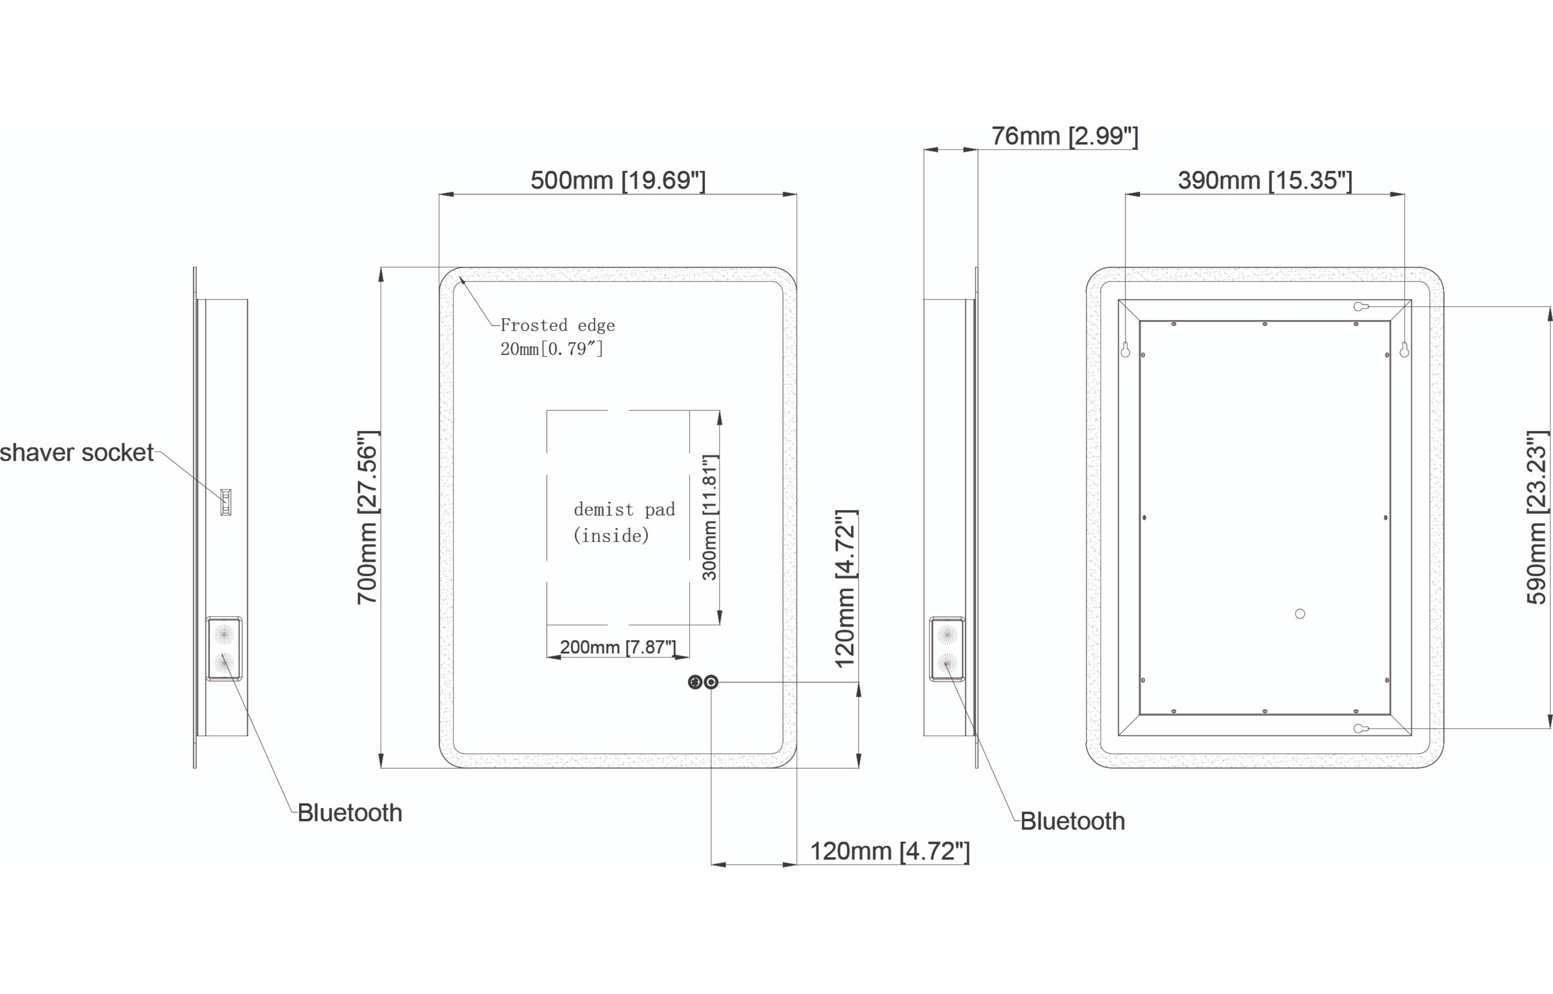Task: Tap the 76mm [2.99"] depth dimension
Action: (x=1064, y=136)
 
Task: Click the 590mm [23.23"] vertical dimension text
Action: (x=1537, y=518)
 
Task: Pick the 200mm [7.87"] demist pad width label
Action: (x=618, y=647)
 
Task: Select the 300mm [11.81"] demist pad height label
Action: (x=709, y=518)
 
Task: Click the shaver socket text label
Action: (x=76, y=453)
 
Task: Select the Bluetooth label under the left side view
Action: (x=349, y=812)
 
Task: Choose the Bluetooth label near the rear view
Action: (x=1072, y=821)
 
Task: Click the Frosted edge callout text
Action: (x=557, y=337)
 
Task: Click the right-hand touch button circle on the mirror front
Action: (x=711, y=682)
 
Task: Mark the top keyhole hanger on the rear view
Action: (x=1360, y=307)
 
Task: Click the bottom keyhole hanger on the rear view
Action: (x=1360, y=729)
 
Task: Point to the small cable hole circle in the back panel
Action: (x=1300, y=614)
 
